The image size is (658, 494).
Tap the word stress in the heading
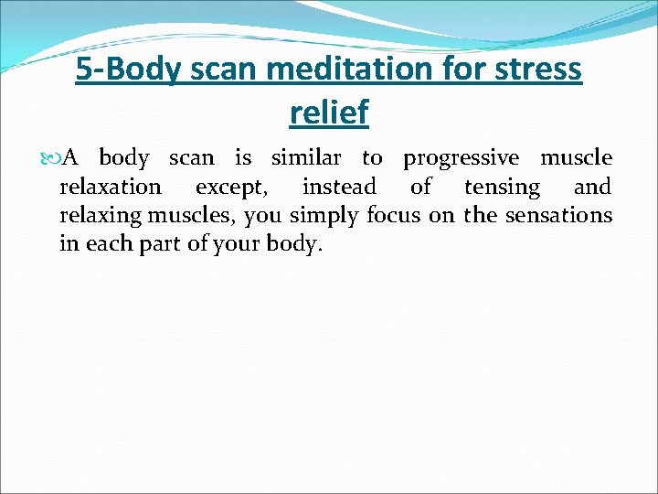pos(536,69)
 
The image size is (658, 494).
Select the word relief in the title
pos(329,112)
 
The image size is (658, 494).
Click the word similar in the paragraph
pos(307,157)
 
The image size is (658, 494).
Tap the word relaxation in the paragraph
pos(110,187)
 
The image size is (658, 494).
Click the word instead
pos(339,187)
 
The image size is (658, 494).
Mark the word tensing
pos(503,188)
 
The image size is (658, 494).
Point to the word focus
pos(393,216)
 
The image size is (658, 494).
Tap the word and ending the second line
pos(593,187)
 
